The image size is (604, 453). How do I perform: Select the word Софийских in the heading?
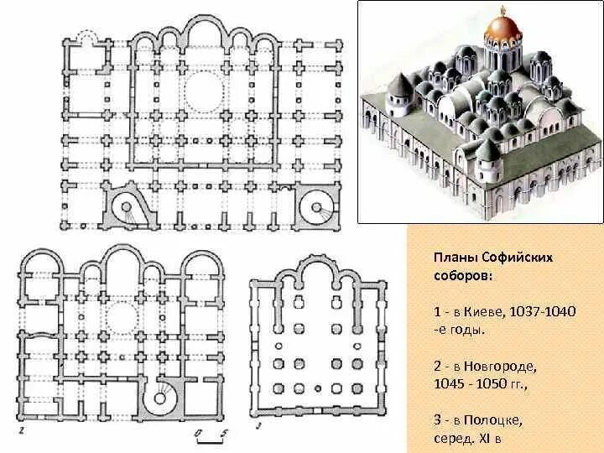[x=513, y=256]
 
